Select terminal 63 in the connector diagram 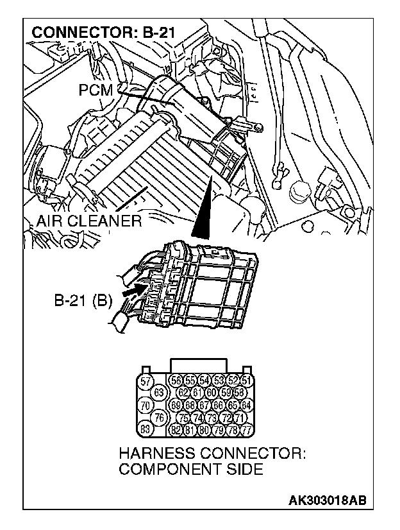pos(160,393)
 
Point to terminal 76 pos(160,417)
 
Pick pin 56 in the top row pos(178,381)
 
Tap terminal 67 pos(204,406)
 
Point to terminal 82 pos(178,429)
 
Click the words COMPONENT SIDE pos(191,470)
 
